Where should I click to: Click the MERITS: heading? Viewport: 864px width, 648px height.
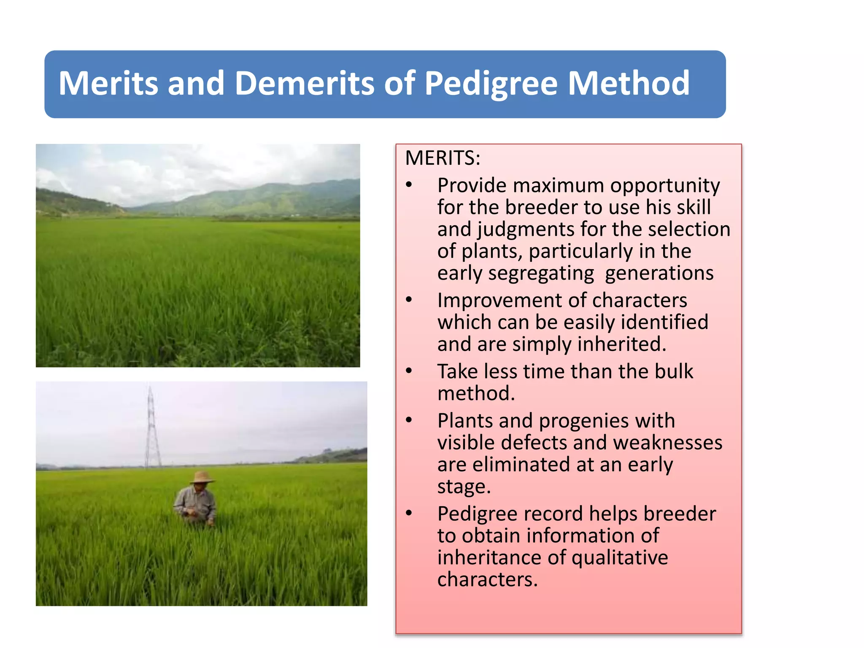coord(443,158)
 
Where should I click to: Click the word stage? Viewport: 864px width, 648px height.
coord(464,487)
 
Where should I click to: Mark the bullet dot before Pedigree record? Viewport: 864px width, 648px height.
coord(408,513)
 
